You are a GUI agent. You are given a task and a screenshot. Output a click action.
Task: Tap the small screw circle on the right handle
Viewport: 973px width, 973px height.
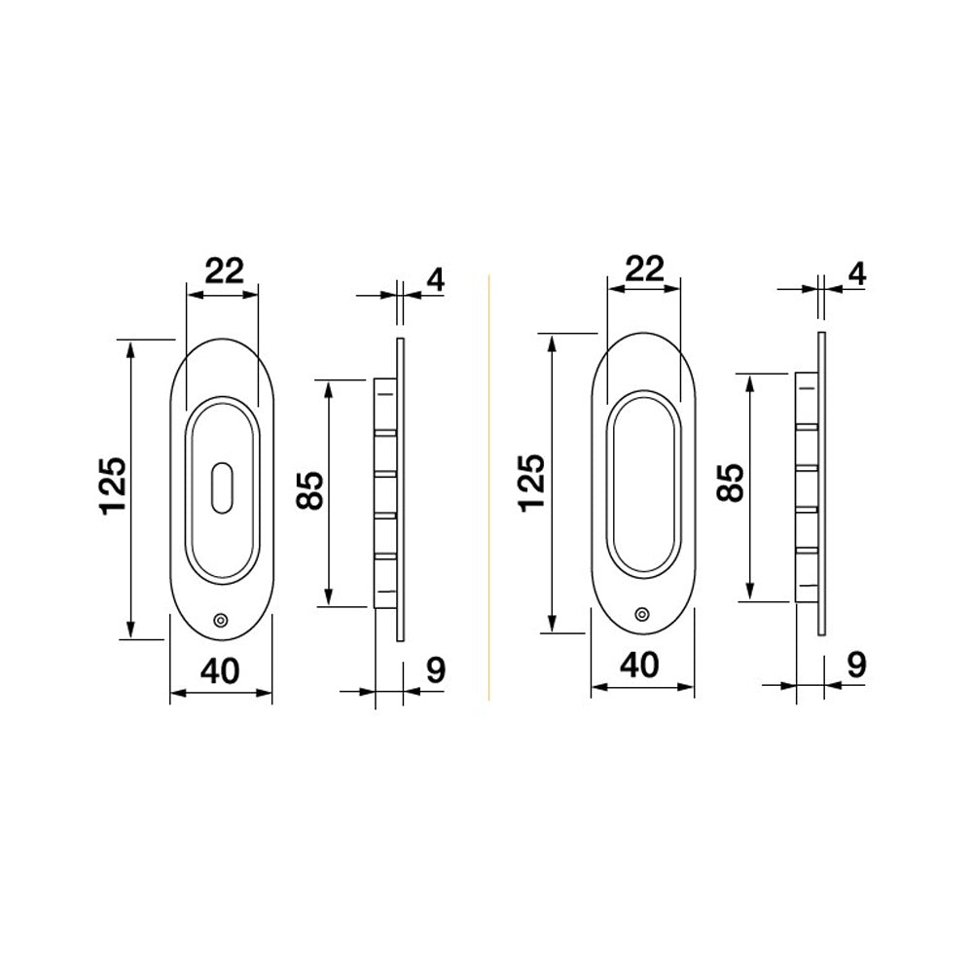tap(640, 613)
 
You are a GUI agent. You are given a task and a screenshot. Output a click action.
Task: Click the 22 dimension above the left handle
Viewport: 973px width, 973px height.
tap(222, 270)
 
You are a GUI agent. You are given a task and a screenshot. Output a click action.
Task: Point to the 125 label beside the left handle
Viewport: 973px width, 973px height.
tap(113, 484)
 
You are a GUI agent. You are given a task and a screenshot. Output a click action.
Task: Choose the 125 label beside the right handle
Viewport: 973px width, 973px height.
tap(534, 481)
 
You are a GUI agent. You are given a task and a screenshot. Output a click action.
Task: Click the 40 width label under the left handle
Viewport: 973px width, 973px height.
tap(221, 669)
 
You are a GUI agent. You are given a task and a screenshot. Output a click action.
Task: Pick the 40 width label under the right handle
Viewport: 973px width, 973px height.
tap(642, 664)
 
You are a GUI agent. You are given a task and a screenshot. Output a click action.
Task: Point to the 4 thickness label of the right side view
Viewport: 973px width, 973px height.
tap(856, 273)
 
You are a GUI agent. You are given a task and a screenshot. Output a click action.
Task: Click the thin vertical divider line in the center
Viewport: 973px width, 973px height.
tap(487, 486)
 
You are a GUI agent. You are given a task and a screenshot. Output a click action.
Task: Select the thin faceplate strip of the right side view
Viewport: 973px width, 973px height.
tap(821, 484)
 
